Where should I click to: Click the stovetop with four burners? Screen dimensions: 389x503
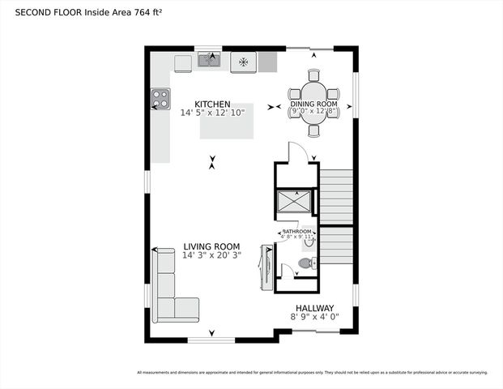coord(160,99)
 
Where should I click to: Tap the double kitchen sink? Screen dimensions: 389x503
coord(209,59)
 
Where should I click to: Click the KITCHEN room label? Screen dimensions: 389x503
coord(212,105)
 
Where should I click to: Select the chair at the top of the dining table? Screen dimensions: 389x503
coord(314,75)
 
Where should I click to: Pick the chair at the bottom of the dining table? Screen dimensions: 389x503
coord(314,130)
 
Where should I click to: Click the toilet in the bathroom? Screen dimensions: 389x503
coord(306,263)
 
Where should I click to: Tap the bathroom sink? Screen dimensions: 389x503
coord(309,240)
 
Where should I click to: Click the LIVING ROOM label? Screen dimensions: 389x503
coord(211,247)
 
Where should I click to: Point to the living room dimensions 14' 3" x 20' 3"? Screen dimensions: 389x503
coord(211,256)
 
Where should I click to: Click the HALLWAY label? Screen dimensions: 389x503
coord(313,308)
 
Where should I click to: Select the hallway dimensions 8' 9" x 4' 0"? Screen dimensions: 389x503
coord(313,317)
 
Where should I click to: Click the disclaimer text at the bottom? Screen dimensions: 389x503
coord(312,372)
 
